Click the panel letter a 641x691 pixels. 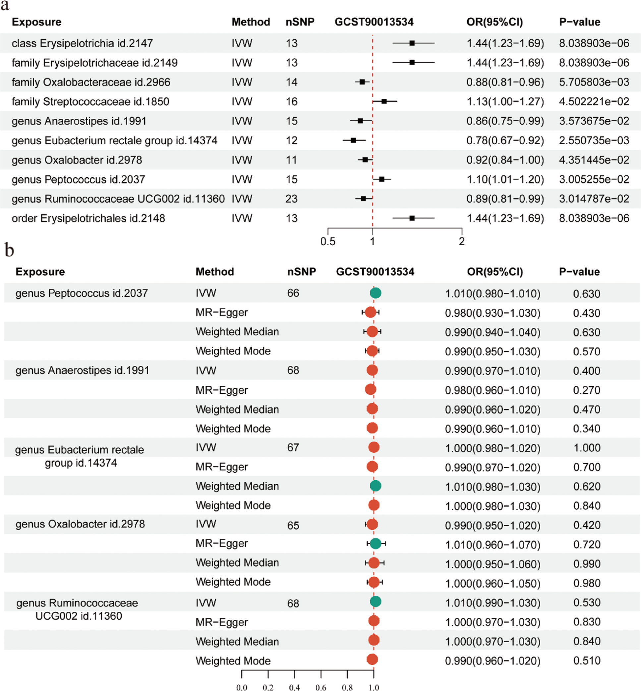pyautogui.click(x=5, y=6)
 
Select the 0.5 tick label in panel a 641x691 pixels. pyautogui.click(x=328, y=241)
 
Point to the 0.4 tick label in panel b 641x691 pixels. pyautogui.click(x=295, y=687)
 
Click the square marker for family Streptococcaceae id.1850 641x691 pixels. pyautogui.click(x=384, y=101)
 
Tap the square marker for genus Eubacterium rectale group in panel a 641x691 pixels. pyautogui.click(x=353, y=140)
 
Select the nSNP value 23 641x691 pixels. pyautogui.click(x=291, y=199)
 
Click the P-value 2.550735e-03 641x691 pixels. pyautogui.click(x=594, y=141)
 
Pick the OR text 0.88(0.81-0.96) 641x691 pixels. pyautogui.click(x=505, y=82)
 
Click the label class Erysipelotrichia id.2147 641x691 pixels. pyautogui.click(x=82, y=43)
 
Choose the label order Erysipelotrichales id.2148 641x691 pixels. pyautogui.click(x=88, y=218)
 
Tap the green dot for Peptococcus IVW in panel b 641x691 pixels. pyautogui.click(x=375, y=293)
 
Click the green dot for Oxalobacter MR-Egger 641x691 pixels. pyautogui.click(x=375, y=543)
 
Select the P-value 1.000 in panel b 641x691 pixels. pyautogui.click(x=587, y=448)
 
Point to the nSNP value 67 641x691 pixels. pyautogui.click(x=293, y=447)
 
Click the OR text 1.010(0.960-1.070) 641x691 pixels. pyautogui.click(x=493, y=545)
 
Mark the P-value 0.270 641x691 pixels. pyautogui.click(x=587, y=390)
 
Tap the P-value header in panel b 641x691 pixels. pyautogui.click(x=579, y=272)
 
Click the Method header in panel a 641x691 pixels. pyautogui.click(x=251, y=22)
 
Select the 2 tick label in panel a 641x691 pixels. pyautogui.click(x=462, y=241)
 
